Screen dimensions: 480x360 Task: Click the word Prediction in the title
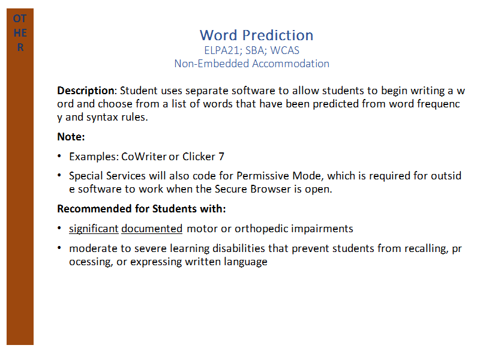(278, 35)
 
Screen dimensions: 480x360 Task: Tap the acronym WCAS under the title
(284, 50)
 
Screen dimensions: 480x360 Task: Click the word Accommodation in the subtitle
(290, 64)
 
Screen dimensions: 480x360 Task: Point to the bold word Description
(86, 91)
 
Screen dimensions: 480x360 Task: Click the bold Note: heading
(71, 137)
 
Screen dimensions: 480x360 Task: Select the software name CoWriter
(144, 157)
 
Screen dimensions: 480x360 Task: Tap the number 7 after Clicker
(221, 157)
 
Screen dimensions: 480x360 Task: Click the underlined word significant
(94, 229)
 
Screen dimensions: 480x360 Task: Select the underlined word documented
(152, 229)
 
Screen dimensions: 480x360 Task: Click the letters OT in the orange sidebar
(20, 19)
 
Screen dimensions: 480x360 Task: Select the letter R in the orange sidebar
(20, 47)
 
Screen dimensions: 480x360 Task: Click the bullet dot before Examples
(59, 156)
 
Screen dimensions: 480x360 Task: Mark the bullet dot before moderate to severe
(59, 248)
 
